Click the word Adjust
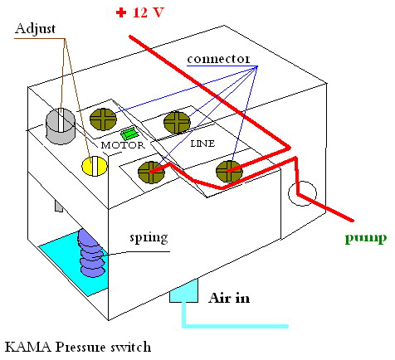tap(35, 29)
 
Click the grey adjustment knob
tap(61, 126)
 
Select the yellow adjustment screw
tap(95, 166)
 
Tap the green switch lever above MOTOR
tap(129, 134)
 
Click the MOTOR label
tap(123, 145)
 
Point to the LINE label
tap(202, 144)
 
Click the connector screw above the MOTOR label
tap(103, 119)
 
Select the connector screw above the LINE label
tap(177, 123)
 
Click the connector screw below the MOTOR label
tap(151, 173)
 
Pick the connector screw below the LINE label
tap(229, 172)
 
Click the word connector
tap(218, 59)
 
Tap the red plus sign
tap(121, 12)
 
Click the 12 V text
tap(149, 12)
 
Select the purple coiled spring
tap(91, 253)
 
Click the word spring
tap(149, 238)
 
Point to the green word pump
tap(366, 238)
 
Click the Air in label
tap(229, 298)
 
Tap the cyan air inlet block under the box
tap(183, 291)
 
